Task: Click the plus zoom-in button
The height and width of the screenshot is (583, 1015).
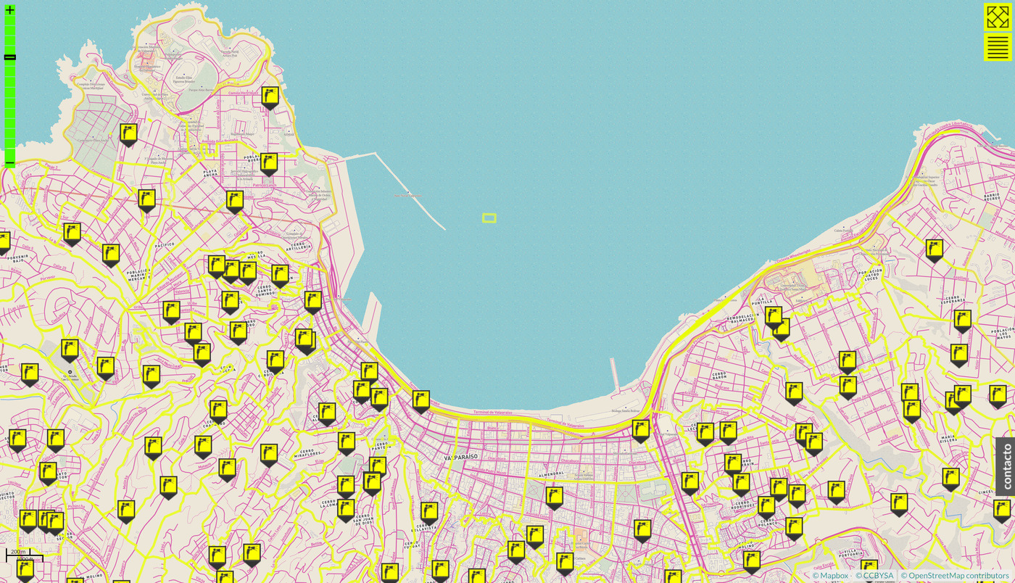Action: coord(9,10)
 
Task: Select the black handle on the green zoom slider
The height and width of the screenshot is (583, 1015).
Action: coord(9,57)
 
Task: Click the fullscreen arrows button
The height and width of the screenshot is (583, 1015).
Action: coord(998,17)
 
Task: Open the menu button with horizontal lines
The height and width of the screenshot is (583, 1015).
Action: coord(998,47)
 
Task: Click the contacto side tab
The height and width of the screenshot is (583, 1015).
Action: coord(1006,466)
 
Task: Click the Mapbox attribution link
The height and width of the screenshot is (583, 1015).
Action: coord(830,576)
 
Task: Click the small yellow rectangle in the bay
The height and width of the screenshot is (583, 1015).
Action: coord(489,218)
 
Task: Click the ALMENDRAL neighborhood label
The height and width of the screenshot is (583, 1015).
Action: coord(547,473)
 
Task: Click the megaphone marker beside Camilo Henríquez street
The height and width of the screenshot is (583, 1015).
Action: coord(270,96)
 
